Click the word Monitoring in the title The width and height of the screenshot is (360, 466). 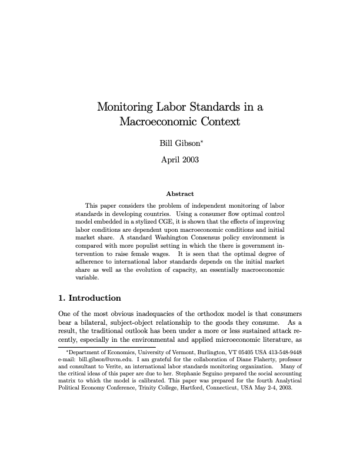[126, 107]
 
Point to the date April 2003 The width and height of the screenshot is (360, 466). [180, 159]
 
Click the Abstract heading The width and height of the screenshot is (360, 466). [180, 194]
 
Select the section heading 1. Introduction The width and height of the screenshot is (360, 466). [89, 298]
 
